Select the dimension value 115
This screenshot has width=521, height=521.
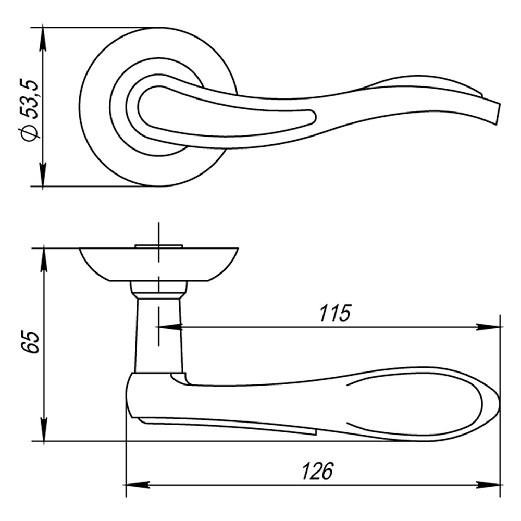click(335, 313)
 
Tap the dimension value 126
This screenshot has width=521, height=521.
click(318, 471)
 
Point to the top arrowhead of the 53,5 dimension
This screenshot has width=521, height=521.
click(43, 39)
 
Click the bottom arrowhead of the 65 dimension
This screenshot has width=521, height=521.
click(43, 430)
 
